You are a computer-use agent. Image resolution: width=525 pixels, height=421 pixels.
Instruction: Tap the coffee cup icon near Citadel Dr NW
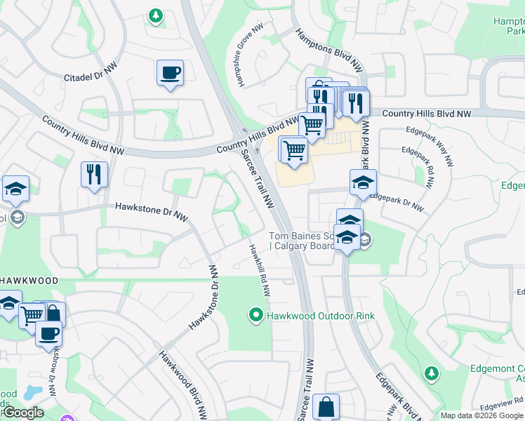[170, 72]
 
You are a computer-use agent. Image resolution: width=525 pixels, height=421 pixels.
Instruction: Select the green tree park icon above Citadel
[155, 15]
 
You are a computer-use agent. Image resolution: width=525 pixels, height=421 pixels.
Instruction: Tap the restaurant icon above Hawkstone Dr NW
[94, 174]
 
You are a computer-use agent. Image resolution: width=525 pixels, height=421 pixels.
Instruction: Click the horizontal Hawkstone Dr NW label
[153, 207]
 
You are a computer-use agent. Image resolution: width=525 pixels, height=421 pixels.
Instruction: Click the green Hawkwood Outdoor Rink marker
[257, 316]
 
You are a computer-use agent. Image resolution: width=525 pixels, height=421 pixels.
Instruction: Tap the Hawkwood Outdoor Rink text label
[321, 316]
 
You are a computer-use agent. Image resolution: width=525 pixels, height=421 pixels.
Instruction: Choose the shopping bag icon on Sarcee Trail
[326, 407]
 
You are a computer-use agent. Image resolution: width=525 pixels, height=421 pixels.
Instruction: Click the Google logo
[22, 413]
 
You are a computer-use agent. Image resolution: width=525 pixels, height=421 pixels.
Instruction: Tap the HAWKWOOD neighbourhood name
[29, 280]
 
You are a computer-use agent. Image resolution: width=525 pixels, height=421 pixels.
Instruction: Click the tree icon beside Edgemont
[431, 372]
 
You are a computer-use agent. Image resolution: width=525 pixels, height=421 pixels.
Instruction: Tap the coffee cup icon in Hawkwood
[48, 334]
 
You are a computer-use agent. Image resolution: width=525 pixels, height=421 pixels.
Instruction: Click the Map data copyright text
[481, 415]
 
